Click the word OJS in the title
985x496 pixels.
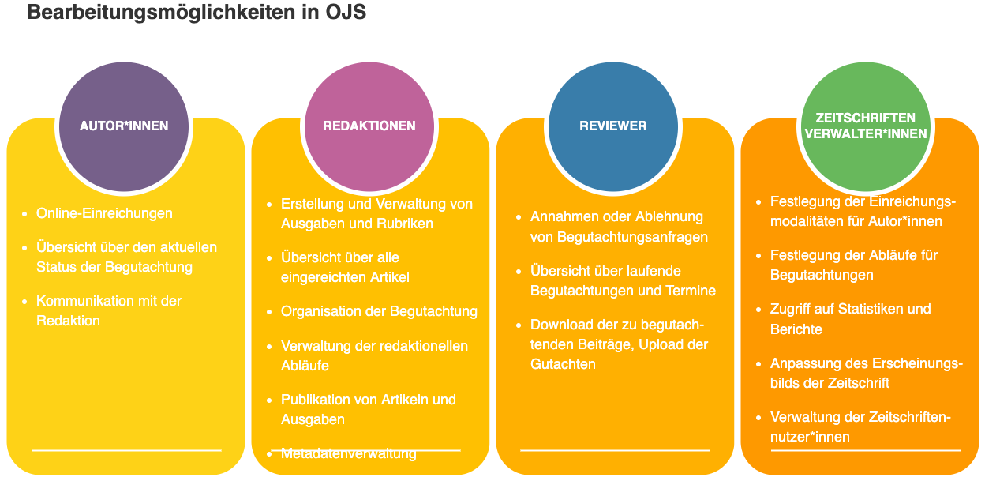click(346, 12)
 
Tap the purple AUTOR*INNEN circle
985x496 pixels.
click(124, 126)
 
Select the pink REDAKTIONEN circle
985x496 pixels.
click(369, 126)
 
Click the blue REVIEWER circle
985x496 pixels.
click(613, 126)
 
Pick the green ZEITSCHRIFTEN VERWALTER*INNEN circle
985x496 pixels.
click(866, 126)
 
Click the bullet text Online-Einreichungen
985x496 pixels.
click(104, 213)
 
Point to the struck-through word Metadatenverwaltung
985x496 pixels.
click(349, 453)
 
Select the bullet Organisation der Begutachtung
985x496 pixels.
click(379, 312)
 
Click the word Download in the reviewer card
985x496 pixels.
click(561, 325)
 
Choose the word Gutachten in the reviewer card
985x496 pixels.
click(563, 364)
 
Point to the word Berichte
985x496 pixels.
click(796, 329)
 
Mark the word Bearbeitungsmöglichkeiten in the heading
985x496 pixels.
click(161, 12)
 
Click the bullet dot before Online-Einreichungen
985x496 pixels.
click(24, 214)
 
